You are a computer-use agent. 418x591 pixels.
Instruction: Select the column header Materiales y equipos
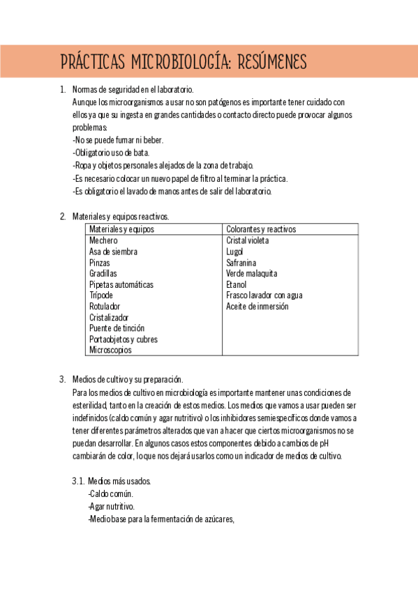[x=121, y=229]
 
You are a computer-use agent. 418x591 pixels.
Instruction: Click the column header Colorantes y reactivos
[x=261, y=229]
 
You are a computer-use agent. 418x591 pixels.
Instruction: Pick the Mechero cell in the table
[x=103, y=240]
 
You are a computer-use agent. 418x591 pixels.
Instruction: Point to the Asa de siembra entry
[x=113, y=252]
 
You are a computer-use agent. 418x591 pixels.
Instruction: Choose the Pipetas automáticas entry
[x=121, y=284]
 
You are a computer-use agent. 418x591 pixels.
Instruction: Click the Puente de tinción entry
[x=117, y=328]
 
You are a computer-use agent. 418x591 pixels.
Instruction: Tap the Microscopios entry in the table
[x=110, y=350]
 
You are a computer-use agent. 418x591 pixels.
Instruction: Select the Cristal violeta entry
[x=248, y=240]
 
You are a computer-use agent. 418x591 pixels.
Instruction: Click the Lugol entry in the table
[x=234, y=252]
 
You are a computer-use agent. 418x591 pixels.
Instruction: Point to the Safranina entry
[x=241, y=263]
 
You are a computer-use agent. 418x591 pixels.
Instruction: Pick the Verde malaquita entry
[x=251, y=273]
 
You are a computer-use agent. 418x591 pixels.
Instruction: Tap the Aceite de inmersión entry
[x=257, y=307]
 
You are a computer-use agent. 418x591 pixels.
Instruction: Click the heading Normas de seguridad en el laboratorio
[x=133, y=89]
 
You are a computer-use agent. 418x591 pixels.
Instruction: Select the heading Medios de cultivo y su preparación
[x=128, y=380]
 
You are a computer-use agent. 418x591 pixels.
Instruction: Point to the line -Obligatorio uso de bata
[x=111, y=153]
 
